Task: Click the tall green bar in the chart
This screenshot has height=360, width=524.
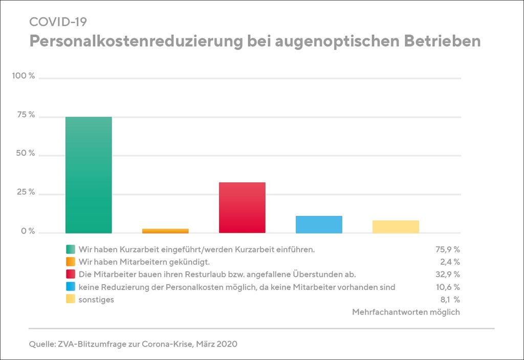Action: point(89,175)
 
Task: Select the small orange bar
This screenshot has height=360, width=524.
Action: point(165,231)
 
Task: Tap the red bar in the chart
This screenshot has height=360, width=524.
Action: point(242,207)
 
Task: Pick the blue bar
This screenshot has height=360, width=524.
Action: point(319,224)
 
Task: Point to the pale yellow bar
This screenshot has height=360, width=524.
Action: point(396,226)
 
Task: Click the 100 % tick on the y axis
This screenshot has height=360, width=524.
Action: point(24,76)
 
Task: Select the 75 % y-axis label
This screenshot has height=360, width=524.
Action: point(25,115)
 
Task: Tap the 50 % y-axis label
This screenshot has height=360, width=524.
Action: point(25,154)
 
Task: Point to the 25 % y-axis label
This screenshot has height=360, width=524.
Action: point(25,193)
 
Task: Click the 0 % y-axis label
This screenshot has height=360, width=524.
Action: point(27,231)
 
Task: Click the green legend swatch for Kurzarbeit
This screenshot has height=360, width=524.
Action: point(71,250)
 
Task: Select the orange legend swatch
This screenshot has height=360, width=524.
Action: point(71,262)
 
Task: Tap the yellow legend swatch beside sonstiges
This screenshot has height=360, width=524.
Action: point(71,300)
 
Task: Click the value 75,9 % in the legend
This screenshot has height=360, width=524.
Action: point(447,250)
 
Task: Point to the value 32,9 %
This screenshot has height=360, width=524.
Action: point(447,274)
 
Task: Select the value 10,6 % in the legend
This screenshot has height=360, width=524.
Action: point(448,287)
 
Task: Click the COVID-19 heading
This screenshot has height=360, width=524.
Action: point(58,22)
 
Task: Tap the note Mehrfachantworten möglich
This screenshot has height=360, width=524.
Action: point(406,312)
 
